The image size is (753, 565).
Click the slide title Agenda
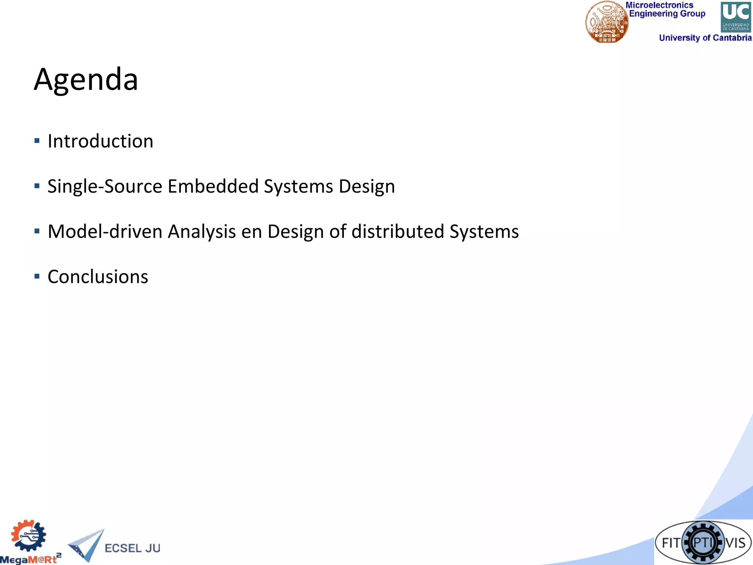tap(86, 79)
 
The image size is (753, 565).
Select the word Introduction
tap(100, 141)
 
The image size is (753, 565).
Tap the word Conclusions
tap(98, 277)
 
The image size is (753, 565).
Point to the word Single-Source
tap(105, 186)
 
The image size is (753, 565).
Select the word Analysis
tap(202, 232)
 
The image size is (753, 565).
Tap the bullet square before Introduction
tap(37, 141)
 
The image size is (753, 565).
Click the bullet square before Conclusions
tap(37, 276)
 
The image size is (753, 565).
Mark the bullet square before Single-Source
tap(37, 186)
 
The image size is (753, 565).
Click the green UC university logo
tap(736, 17)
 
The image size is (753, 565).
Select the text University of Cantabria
tap(705, 38)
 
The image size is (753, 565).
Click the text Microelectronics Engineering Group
tap(665, 10)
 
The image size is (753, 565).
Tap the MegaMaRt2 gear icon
tap(28, 536)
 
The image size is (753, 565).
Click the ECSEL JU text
tap(132, 548)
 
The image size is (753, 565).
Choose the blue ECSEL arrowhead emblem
tap(87, 545)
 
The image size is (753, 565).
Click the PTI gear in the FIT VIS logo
tap(703, 543)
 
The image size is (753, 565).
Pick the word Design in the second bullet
tap(367, 186)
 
